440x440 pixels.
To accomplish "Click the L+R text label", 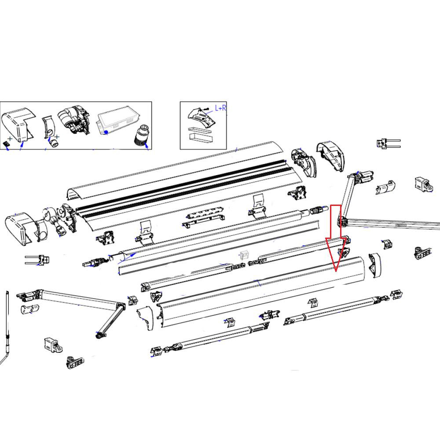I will click(220, 108).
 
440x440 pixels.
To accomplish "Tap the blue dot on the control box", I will click(106, 132).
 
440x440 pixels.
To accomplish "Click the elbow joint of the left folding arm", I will click(120, 306).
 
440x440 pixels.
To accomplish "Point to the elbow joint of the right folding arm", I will click(341, 221).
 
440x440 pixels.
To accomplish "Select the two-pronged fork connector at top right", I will click(388, 143).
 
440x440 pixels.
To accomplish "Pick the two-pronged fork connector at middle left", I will click(38, 260).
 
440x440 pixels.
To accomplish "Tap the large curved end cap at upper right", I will click(332, 157).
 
